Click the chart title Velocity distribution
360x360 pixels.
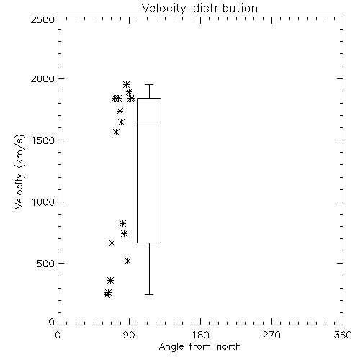pyautogui.click(x=199, y=8)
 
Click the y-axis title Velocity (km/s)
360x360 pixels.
pyautogui.click(x=19, y=171)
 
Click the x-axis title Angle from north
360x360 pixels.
pyautogui.click(x=199, y=347)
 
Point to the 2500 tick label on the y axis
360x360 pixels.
pyautogui.click(x=42, y=19)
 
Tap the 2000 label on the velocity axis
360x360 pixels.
pyautogui.click(x=42, y=78)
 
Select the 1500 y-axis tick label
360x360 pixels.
pyautogui.click(x=43, y=140)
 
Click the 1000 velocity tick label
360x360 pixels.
pyautogui.click(x=43, y=202)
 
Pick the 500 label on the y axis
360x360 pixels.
pyautogui.click(x=46, y=264)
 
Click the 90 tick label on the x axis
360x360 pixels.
pyautogui.click(x=129, y=335)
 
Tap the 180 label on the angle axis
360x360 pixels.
pyautogui.click(x=200, y=335)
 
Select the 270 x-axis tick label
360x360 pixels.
pyautogui.click(x=271, y=335)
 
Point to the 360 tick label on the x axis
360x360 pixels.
pyautogui.click(x=343, y=335)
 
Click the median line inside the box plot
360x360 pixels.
pyautogui.click(x=149, y=122)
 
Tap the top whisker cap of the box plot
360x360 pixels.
pyautogui.click(x=149, y=84)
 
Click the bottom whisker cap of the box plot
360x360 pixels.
pyautogui.click(x=149, y=294)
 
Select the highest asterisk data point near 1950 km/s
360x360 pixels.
pyautogui.click(x=127, y=84)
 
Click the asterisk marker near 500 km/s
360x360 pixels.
pyautogui.click(x=128, y=261)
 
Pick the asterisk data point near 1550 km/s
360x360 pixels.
pyautogui.click(x=117, y=132)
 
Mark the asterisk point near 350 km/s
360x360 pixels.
pyautogui.click(x=110, y=280)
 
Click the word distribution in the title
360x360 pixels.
pyautogui.click(x=225, y=8)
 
